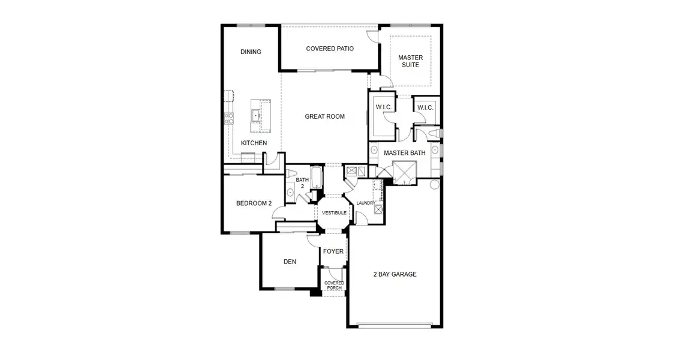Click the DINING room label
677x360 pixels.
click(x=251, y=52)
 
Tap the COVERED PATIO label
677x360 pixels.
click(x=330, y=49)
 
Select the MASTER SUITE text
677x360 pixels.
click(x=411, y=61)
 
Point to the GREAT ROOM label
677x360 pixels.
click(x=325, y=116)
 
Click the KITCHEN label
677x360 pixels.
click(x=254, y=143)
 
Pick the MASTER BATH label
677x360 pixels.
click(x=405, y=153)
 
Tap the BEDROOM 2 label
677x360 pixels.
click(x=254, y=203)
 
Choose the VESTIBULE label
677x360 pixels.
click(x=334, y=213)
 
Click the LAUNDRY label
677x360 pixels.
click(x=365, y=203)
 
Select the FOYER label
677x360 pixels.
click(x=333, y=251)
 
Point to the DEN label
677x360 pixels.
click(x=291, y=262)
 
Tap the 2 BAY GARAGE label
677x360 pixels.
click(x=395, y=274)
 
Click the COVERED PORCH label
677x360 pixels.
click(x=334, y=286)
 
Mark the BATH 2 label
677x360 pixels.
click(x=302, y=183)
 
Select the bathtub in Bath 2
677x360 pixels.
click(x=317, y=178)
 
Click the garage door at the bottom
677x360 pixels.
click(x=395, y=325)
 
